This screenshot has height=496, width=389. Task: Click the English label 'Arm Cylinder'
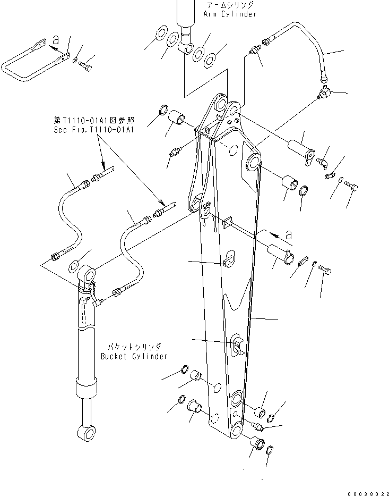pyautogui.click(x=229, y=14)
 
